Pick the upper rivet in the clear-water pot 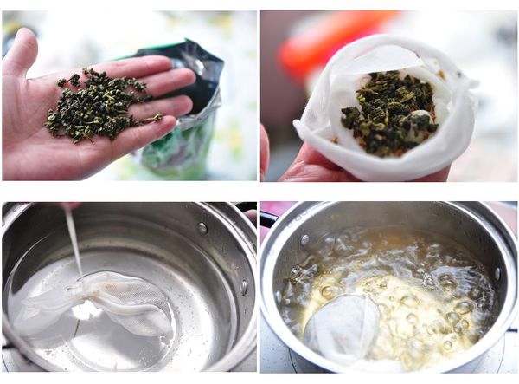[x=202, y=228]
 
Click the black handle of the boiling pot [x=268, y=218]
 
